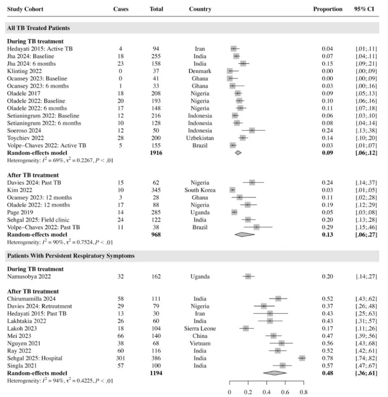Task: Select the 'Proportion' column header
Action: [328, 9]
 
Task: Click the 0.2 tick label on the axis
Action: [248, 392]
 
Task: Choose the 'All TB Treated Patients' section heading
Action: [39, 28]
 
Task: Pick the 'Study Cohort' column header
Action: [25, 9]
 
